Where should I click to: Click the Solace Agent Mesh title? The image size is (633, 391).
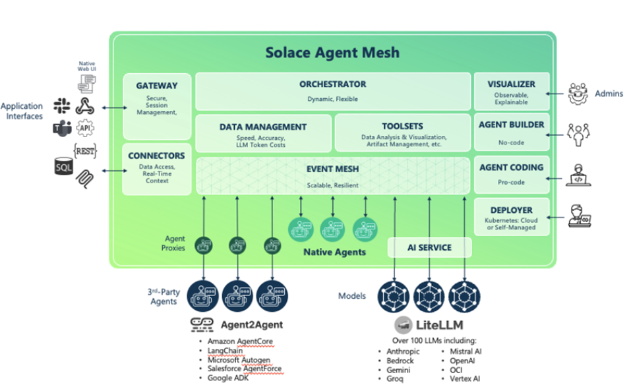point(332,52)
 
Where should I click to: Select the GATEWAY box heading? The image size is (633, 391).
point(156,86)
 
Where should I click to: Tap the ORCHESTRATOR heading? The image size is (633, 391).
point(332,84)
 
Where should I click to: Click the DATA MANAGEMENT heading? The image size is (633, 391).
point(262,127)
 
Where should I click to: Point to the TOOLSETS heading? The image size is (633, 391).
point(402,127)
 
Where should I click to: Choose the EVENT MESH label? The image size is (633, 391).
point(332,169)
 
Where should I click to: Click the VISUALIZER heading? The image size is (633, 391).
point(511,84)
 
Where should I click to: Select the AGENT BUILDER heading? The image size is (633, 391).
point(511,125)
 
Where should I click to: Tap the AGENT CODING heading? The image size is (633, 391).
point(511,167)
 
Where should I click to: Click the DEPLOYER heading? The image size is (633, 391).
point(511,210)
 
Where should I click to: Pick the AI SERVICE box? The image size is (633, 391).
point(429,248)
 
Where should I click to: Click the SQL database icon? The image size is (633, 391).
point(63,167)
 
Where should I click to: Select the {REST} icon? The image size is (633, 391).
point(85,151)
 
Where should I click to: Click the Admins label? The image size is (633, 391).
point(608,94)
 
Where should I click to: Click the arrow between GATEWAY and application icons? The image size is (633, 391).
point(111,107)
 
